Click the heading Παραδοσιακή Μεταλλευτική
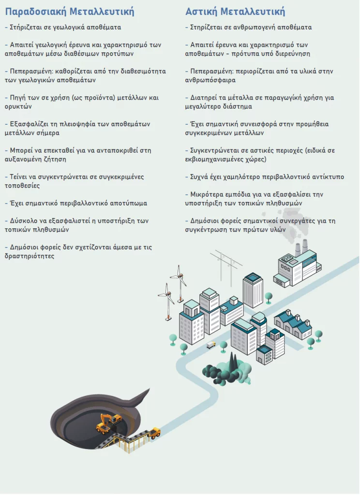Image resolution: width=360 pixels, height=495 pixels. click(70, 12)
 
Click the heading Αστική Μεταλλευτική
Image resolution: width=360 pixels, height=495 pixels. click(235, 12)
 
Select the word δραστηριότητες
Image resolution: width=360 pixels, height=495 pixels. click(30, 256)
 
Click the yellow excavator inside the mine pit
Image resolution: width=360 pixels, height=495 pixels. click(108, 423)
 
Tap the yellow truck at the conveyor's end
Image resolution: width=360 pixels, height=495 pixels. click(154, 433)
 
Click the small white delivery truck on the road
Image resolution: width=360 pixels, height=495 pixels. click(211, 345)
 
